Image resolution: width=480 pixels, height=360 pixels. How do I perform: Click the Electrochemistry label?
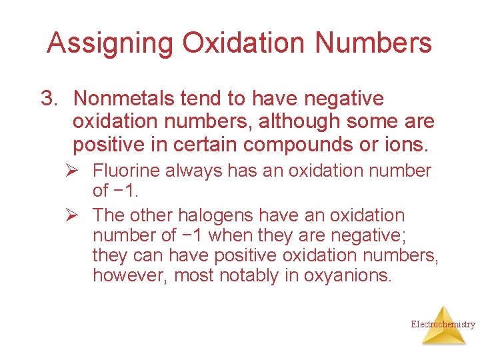coord(443,325)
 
